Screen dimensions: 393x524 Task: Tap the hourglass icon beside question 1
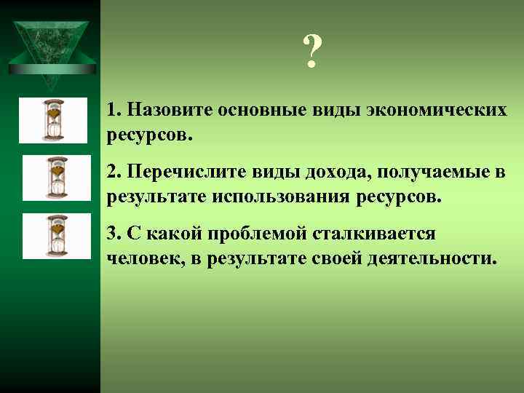pyautogui.click(x=52, y=120)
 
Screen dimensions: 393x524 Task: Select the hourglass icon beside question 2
pyautogui.click(x=56, y=178)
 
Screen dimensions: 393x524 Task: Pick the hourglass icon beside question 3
pyautogui.click(x=56, y=236)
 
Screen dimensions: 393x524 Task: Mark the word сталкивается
pyautogui.click(x=374, y=234)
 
